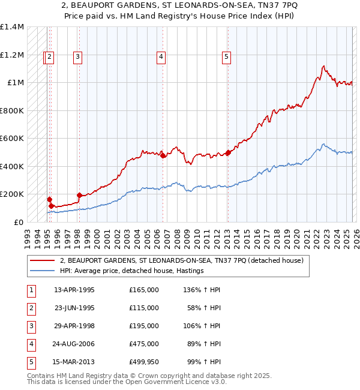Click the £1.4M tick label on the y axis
(12, 27)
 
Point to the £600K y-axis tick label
(12, 139)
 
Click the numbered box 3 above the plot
(78, 58)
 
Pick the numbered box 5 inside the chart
(226, 58)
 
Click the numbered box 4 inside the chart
(161, 58)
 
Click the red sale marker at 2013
(228, 152)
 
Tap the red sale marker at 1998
(79, 195)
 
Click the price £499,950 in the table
(143, 362)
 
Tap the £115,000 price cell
(143, 308)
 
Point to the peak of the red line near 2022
(323, 66)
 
